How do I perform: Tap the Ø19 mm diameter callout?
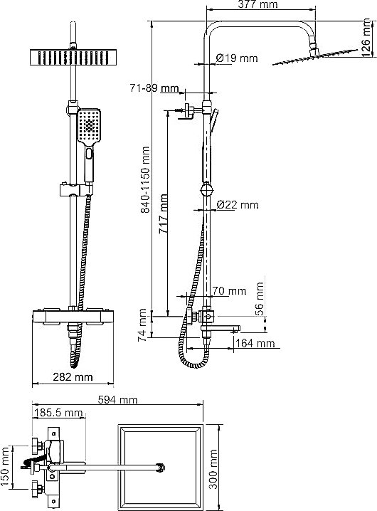click(x=236, y=58)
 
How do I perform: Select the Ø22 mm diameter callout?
click(x=237, y=205)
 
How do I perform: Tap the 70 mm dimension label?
click(x=229, y=290)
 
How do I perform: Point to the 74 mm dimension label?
click(x=143, y=324)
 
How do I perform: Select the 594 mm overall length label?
click(x=118, y=400)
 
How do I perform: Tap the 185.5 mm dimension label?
click(x=58, y=413)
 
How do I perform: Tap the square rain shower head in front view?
click(x=72, y=56)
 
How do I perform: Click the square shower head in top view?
click(x=159, y=467)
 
